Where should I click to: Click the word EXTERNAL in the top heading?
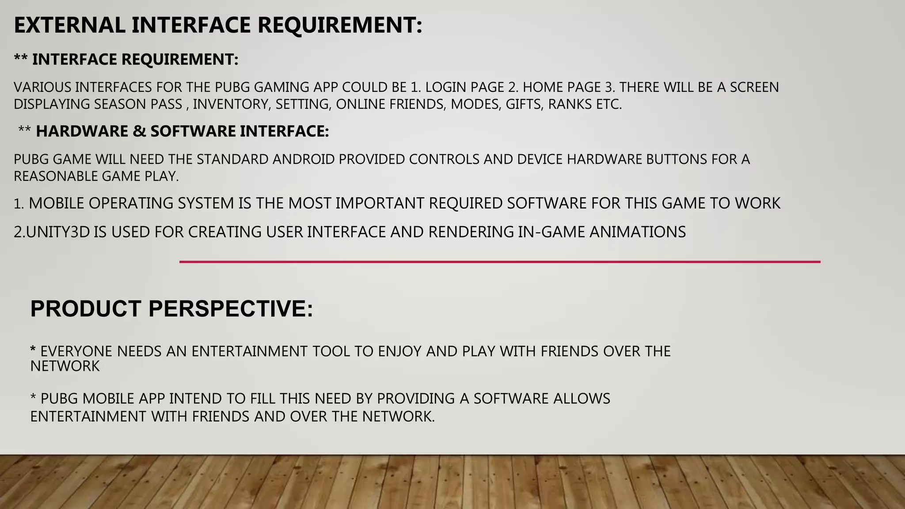point(69,25)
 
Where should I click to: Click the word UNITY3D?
point(57,232)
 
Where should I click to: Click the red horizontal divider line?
point(499,262)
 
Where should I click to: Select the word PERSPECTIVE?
point(231,308)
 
